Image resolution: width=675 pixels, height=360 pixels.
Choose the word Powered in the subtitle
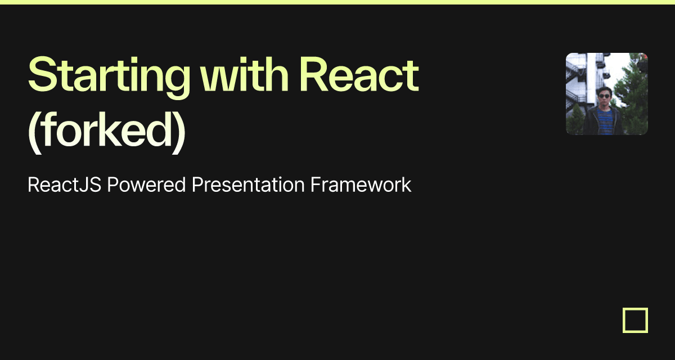[x=146, y=184]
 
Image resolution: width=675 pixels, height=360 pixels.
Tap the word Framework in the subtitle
[x=361, y=184]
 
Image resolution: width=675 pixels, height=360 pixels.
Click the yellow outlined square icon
[x=635, y=320]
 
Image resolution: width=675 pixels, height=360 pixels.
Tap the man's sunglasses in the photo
[x=604, y=96]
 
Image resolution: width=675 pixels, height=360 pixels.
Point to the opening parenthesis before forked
[x=33, y=134]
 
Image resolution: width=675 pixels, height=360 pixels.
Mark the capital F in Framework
[x=316, y=184]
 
